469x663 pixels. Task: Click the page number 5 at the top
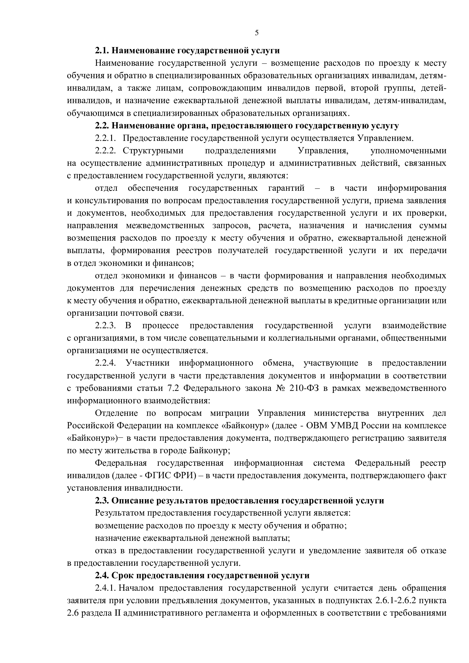[257, 33]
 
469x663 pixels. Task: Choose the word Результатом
[120, 513]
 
